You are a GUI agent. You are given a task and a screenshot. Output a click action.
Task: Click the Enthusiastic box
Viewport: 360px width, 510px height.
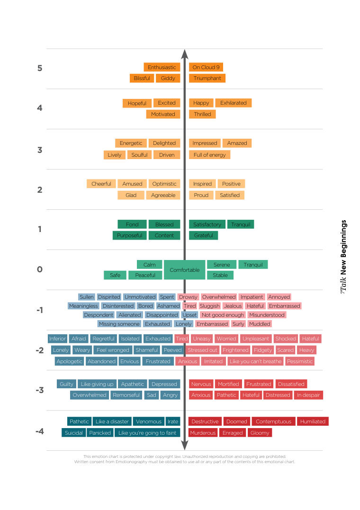[x=162, y=67]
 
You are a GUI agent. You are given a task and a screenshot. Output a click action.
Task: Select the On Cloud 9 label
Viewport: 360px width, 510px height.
[x=206, y=67]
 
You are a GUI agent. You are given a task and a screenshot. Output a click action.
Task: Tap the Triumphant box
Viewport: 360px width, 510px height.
[x=207, y=78]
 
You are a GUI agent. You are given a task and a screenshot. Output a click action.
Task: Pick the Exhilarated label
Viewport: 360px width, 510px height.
[x=234, y=103]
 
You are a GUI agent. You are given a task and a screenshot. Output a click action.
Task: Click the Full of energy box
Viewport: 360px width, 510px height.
[x=210, y=155]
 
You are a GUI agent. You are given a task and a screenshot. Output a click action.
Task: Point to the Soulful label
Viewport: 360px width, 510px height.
[x=139, y=155]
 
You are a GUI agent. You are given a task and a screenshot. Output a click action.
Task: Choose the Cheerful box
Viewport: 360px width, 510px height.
[x=101, y=184]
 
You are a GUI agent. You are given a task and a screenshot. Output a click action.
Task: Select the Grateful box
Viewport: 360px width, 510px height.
[x=203, y=235]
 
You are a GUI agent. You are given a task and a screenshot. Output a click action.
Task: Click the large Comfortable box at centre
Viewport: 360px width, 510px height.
[x=185, y=269]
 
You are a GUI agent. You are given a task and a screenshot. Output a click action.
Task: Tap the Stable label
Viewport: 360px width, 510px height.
[x=220, y=275]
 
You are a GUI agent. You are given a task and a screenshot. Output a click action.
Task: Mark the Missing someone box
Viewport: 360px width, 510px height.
[x=119, y=324]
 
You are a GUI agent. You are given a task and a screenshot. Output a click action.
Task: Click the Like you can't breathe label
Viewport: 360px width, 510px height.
[x=255, y=361]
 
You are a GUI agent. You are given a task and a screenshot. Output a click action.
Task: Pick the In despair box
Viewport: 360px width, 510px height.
[x=308, y=395]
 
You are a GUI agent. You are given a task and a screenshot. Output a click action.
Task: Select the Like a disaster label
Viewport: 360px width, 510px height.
[x=112, y=421]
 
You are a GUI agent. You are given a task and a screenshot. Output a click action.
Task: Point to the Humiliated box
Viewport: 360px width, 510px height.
[x=313, y=421]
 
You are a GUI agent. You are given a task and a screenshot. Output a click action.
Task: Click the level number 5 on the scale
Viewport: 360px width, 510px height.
[x=40, y=68]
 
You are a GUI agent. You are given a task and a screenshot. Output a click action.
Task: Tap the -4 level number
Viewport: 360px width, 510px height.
[x=39, y=431]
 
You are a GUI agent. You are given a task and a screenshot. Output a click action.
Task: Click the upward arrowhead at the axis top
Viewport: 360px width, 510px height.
[x=185, y=54]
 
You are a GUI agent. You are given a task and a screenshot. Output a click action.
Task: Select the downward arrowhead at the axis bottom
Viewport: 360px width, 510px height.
[x=185, y=445]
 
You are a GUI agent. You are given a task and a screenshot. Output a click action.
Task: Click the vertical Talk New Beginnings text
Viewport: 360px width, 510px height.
[x=343, y=257]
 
